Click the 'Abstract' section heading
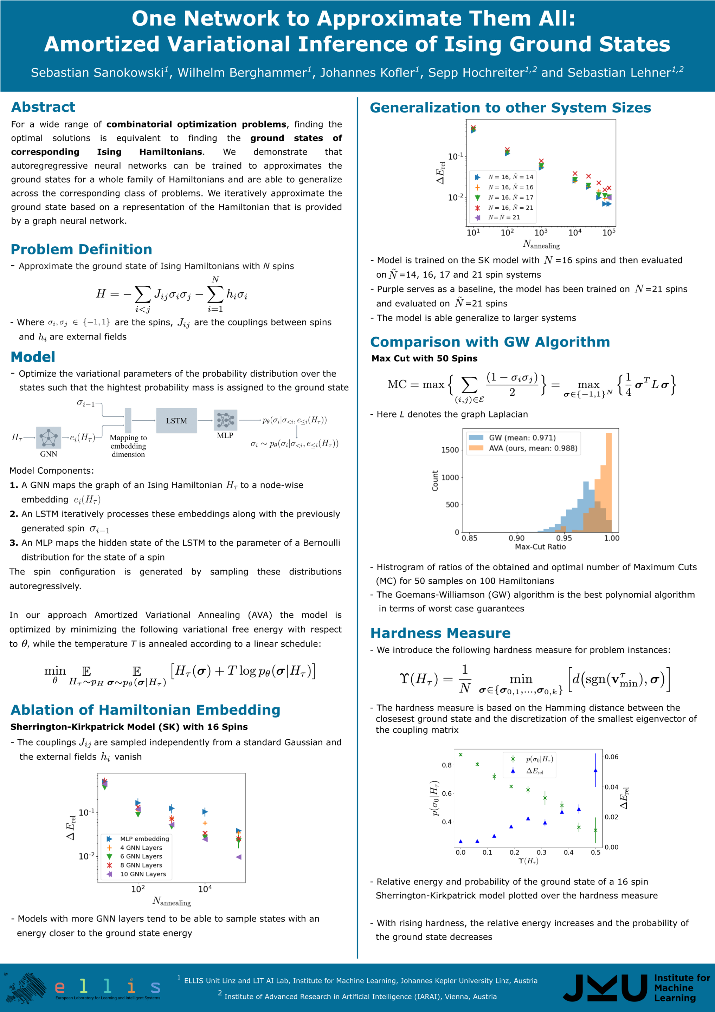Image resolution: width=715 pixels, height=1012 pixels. tap(43, 107)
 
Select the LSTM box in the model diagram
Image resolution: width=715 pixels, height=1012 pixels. tap(176, 421)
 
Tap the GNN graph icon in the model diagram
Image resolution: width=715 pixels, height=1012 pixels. tap(49, 438)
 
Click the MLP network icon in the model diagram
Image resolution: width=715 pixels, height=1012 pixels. tap(225, 420)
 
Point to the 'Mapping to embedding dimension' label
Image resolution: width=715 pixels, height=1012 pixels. tap(128, 446)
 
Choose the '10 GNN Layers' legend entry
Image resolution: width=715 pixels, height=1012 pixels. tap(143, 874)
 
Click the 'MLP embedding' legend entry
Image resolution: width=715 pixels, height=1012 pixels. tap(144, 839)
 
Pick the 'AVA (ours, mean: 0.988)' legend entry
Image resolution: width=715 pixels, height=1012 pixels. tap(533, 448)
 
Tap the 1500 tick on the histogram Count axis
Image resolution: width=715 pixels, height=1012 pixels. tap(450, 450)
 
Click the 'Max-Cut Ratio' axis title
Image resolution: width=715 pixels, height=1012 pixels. tap(540, 546)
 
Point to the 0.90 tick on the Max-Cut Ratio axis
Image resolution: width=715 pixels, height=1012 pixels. tap(517, 538)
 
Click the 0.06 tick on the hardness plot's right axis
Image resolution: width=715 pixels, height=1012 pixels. tap(611, 757)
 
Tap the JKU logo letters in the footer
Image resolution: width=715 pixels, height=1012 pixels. tap(605, 988)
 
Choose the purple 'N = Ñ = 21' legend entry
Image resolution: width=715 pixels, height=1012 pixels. tap(504, 217)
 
